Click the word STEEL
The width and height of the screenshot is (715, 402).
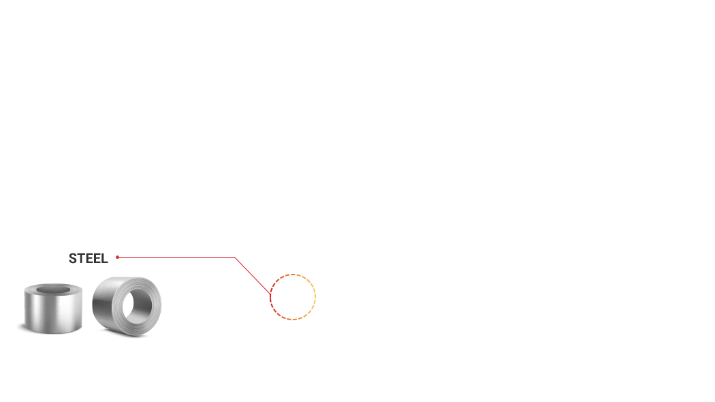coord(89,258)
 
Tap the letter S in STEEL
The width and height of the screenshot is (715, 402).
coord(73,258)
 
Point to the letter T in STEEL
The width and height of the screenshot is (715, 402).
coord(80,258)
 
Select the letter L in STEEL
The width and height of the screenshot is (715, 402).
coord(104,258)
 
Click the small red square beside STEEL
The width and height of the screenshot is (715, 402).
coord(117,258)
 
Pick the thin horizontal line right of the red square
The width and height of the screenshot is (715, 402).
coord(177,257)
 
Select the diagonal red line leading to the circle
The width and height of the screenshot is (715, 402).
coord(252,275)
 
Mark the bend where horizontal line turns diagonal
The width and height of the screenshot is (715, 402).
coord(235,258)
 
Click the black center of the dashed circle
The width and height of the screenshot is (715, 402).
coord(293,296)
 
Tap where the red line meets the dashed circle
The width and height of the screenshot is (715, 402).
coord(270,294)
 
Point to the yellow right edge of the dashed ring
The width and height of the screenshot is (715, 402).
coord(315,296)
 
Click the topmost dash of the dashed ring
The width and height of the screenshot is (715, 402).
coord(293,275)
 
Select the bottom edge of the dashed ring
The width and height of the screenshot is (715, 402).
coord(293,319)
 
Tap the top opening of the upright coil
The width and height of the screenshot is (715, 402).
coord(53,290)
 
